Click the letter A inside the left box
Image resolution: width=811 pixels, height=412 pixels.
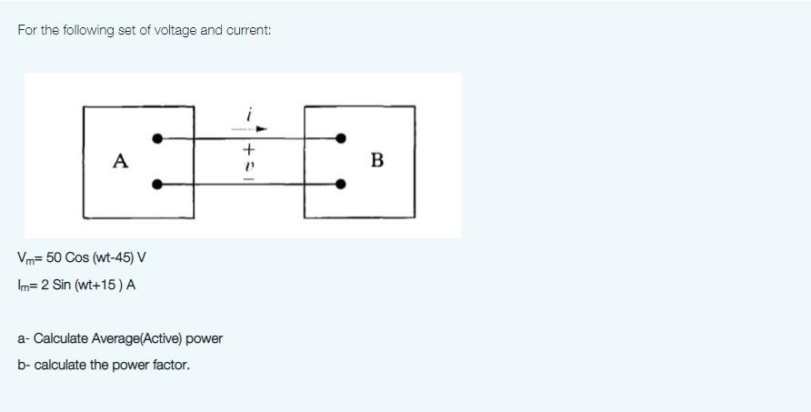click(120, 161)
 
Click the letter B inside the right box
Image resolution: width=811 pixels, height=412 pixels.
click(377, 161)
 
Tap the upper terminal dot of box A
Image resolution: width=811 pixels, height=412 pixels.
click(157, 138)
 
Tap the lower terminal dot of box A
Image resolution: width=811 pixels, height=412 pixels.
click(157, 184)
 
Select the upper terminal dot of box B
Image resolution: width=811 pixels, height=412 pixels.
click(341, 138)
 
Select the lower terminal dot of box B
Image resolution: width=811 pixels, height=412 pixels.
click(341, 184)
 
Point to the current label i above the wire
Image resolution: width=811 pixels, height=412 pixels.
click(249, 116)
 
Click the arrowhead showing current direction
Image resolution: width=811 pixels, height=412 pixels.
click(260, 129)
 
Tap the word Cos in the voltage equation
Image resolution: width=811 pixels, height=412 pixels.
click(75, 258)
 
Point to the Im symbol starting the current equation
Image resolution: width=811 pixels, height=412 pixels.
click(23, 285)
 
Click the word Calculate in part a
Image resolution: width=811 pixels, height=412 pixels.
click(59, 338)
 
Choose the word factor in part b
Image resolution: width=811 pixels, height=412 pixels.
click(174, 365)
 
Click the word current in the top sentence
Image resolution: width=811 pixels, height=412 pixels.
click(246, 30)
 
